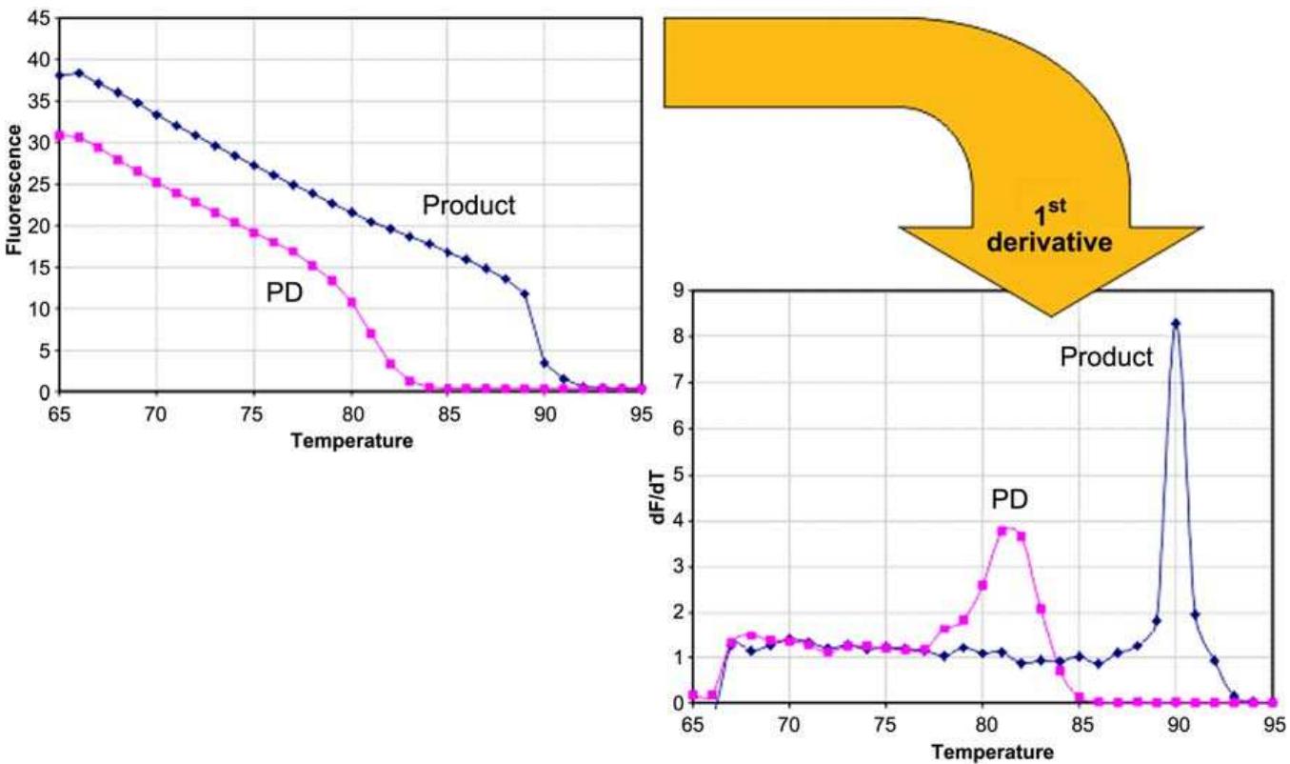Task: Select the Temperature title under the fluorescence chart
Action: (351, 441)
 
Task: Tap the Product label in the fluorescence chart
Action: (468, 205)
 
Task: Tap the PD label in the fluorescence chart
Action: (284, 292)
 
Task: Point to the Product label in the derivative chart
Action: (1106, 356)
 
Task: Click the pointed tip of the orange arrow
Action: (1051, 315)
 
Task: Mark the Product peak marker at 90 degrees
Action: (1176, 324)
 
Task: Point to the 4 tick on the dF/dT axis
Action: (678, 521)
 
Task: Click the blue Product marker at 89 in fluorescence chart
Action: (525, 294)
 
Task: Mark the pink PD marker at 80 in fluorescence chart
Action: (351, 303)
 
